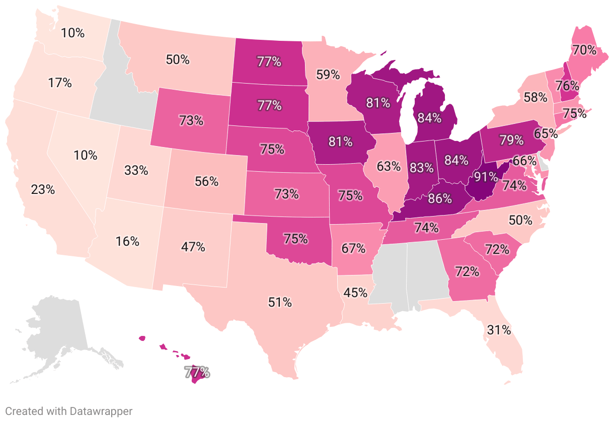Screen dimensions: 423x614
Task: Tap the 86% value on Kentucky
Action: pyautogui.click(x=439, y=198)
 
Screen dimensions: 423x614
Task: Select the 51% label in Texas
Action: pyautogui.click(x=280, y=303)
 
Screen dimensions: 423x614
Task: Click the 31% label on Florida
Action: pyautogui.click(x=499, y=330)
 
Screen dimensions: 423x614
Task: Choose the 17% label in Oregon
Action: pyautogui.click(x=60, y=83)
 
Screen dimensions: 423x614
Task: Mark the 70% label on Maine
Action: pyautogui.click(x=583, y=50)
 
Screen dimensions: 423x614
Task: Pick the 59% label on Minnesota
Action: pyautogui.click(x=328, y=75)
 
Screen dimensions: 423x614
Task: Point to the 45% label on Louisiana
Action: pyautogui.click(x=356, y=292)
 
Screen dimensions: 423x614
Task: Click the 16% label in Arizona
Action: pyautogui.click(x=127, y=241)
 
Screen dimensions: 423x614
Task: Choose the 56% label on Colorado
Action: pyautogui.click(x=206, y=182)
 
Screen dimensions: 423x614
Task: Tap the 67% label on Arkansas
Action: pyautogui.click(x=353, y=248)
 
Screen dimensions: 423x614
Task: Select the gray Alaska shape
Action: pyautogui.click(x=55, y=332)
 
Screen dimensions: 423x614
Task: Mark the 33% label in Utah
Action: pyautogui.click(x=136, y=170)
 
